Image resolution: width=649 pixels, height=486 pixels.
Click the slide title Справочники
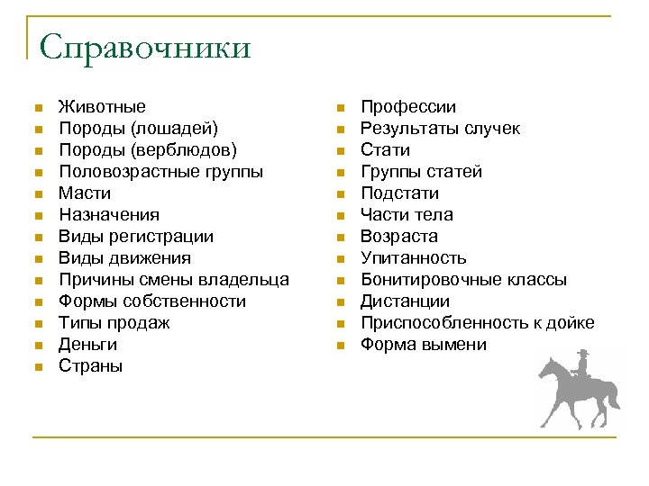click(144, 47)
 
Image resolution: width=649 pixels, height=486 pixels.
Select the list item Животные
click(102, 107)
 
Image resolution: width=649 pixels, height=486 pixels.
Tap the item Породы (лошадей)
click(138, 129)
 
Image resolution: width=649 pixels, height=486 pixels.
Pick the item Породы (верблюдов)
click(148, 150)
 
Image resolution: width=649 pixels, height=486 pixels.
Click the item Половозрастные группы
click(161, 172)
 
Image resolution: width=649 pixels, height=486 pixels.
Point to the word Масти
click(85, 193)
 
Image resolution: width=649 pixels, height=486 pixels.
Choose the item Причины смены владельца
click(174, 280)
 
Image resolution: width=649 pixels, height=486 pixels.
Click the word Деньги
click(87, 345)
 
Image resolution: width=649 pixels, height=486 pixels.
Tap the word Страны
click(91, 366)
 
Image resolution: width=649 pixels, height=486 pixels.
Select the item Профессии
click(408, 107)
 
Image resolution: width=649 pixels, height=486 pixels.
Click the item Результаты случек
click(440, 129)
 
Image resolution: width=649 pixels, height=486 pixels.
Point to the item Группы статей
click(421, 172)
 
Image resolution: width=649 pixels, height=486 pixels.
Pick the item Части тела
click(407, 215)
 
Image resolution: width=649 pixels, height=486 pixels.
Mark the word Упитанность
click(414, 258)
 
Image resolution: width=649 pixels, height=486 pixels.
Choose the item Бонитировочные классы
click(463, 280)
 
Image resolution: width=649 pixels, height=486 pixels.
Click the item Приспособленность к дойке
click(477, 323)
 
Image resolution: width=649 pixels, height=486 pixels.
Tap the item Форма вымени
click(423, 345)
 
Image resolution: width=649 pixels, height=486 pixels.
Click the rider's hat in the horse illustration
click(583, 352)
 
